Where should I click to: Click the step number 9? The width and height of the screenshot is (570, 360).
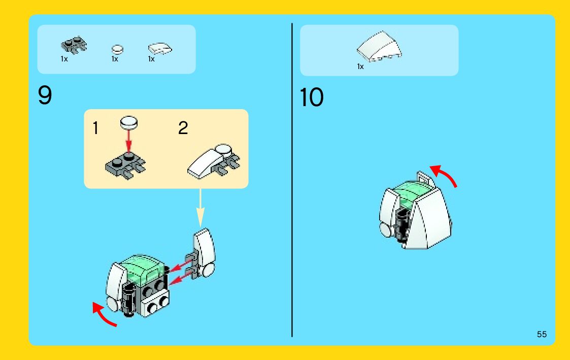click(45, 95)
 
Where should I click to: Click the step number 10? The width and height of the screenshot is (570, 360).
click(311, 97)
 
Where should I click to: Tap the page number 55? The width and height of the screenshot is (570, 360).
click(542, 334)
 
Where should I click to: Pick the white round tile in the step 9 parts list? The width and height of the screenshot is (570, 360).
click(117, 49)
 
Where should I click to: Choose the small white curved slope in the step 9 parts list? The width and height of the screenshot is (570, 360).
click(160, 49)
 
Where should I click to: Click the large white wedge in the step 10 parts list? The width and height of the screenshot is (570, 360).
click(379, 46)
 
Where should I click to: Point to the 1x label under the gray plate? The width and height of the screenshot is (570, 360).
click(64, 59)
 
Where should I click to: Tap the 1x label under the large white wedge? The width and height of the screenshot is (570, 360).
click(360, 67)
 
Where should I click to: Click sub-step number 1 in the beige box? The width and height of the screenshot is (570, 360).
click(95, 128)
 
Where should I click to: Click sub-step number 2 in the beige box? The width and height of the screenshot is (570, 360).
click(183, 128)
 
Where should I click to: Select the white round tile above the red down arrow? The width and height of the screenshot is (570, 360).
click(129, 122)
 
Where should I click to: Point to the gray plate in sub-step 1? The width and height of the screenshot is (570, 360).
click(125, 166)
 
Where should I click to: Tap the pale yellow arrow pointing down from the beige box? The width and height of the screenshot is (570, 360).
click(200, 208)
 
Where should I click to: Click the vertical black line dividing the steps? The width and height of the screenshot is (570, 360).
click(292, 180)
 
